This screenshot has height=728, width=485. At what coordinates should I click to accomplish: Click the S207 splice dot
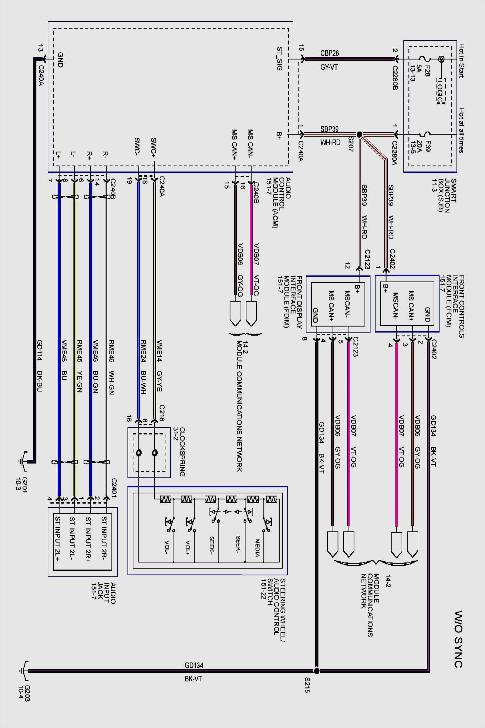point(359,135)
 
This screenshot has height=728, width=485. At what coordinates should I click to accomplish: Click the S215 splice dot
point(316,671)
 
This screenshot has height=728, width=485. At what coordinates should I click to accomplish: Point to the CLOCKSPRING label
point(182,452)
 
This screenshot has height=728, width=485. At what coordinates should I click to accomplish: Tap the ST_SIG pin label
point(279,59)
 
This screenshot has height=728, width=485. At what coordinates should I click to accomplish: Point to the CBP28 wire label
point(330,53)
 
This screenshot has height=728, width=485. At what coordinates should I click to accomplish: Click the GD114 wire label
point(40,350)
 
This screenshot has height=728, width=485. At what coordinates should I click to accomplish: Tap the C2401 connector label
point(114,488)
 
